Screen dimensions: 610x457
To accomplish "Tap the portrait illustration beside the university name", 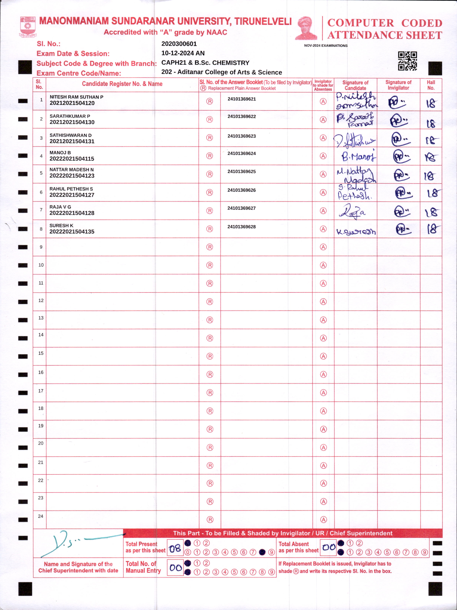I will coord(306,28).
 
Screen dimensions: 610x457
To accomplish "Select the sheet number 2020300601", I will coord(179,44).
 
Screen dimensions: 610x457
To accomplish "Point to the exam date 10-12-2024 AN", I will coord(183,53).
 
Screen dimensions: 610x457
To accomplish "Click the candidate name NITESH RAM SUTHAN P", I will coord(76,97).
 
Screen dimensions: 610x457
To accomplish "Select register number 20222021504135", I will coord(72,232).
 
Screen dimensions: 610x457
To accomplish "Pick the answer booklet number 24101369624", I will coord(241,153).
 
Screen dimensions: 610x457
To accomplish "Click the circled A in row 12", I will coord(323,302).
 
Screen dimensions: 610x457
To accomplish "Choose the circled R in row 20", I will coord(210,447).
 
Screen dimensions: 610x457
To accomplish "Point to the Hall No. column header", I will coord(431,85).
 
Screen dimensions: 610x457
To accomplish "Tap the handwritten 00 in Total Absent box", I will coord(329,547).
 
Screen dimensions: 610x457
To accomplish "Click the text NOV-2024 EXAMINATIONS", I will coord(326,46).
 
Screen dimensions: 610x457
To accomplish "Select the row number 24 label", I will coord(41,516).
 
